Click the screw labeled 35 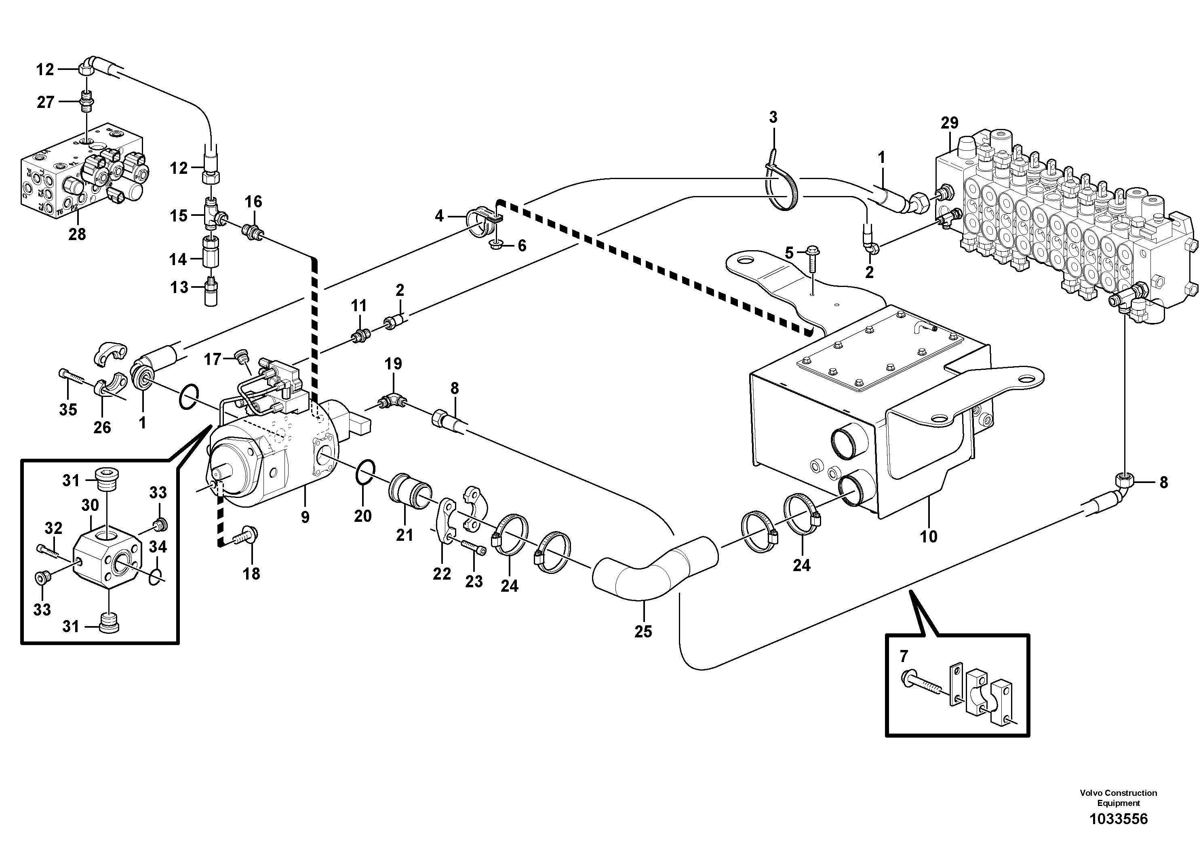coord(72,376)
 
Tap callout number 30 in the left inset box coord(90,505)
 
